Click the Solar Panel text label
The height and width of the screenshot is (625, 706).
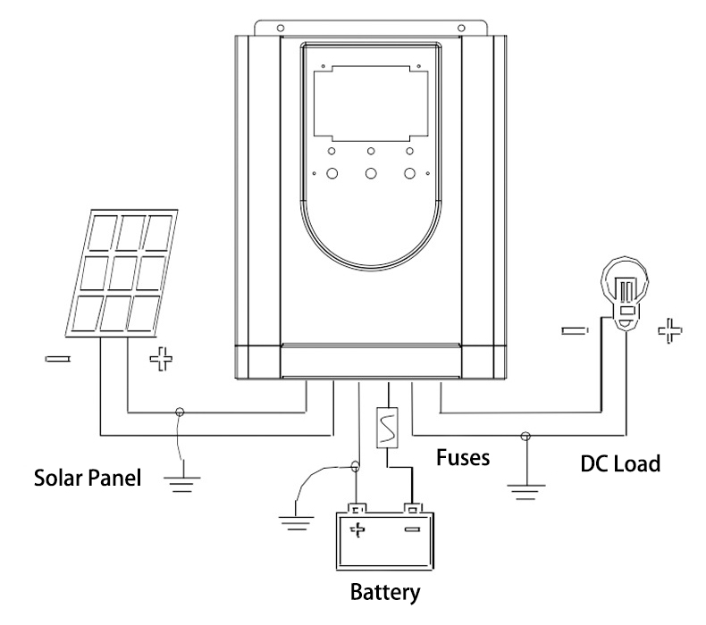pos(88,478)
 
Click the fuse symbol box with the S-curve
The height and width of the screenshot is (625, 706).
pos(389,428)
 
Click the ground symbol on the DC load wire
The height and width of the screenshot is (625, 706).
pos(522,487)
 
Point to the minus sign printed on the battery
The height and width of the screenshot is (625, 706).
pos(412,530)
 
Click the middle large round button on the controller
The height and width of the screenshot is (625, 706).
pos(370,173)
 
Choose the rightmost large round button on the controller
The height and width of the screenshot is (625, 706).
pos(410,173)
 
